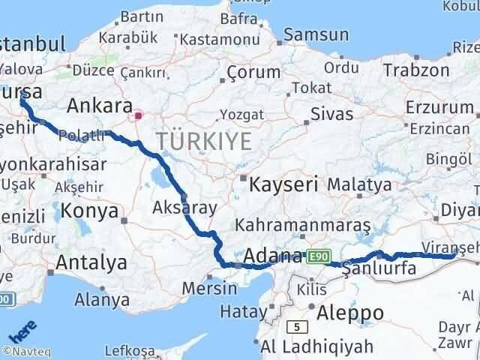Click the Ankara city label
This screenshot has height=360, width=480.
point(99,104)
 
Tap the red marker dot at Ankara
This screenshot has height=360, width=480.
point(138,115)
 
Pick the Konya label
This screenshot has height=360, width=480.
point(90,211)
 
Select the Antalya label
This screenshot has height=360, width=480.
point(91,263)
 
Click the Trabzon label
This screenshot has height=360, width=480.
point(415,70)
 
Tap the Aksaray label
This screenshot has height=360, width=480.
point(184,207)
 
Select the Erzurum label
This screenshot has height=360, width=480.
point(439,106)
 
